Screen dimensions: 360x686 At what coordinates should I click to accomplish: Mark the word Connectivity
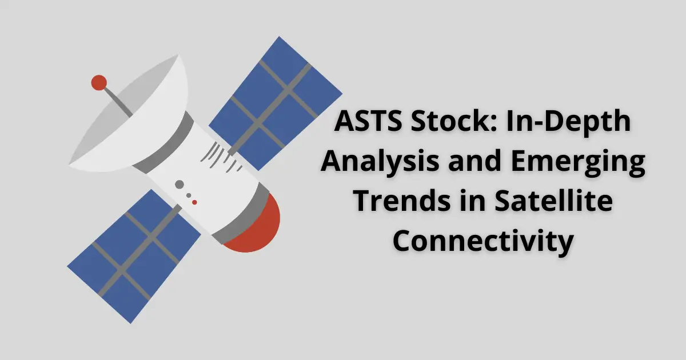482,242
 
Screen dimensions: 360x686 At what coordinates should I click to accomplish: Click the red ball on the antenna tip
99,83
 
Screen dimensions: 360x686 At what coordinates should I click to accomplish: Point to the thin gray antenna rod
117,102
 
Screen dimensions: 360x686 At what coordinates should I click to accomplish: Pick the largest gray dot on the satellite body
180,185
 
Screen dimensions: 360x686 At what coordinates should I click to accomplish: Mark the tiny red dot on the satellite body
194,202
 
